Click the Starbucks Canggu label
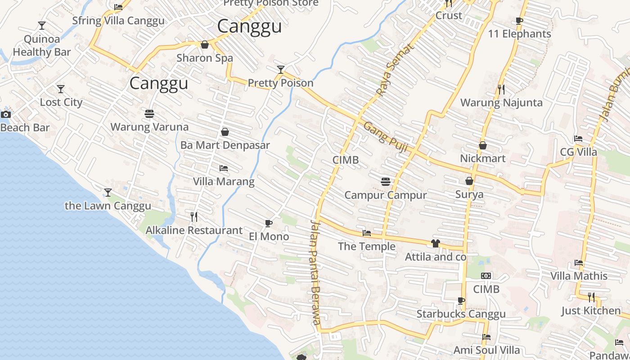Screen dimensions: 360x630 (x=461, y=314)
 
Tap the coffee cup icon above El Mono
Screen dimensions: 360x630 (x=268, y=223)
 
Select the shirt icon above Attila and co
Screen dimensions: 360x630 (x=435, y=243)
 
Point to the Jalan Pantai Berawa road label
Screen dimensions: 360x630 (x=316, y=272)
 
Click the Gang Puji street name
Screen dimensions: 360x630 (x=385, y=137)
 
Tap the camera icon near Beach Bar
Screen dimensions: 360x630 (x=6, y=114)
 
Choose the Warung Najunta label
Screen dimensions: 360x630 (x=501, y=103)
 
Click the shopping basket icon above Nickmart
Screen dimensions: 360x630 (x=483, y=145)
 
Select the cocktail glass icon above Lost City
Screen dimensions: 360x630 (x=61, y=89)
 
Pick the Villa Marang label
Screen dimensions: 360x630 (x=224, y=182)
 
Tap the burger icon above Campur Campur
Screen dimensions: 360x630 (x=385, y=182)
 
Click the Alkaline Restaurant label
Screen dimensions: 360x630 (x=194, y=230)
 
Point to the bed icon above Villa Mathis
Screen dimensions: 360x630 (x=579, y=263)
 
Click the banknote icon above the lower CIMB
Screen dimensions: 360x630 (x=486, y=276)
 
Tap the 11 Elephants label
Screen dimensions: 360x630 (x=519, y=34)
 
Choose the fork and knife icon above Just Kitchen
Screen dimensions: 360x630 (x=591, y=297)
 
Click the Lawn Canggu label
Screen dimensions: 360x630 (x=108, y=206)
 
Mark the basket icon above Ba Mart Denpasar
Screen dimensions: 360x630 (x=225, y=132)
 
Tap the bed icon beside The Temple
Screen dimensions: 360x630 (x=367, y=233)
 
